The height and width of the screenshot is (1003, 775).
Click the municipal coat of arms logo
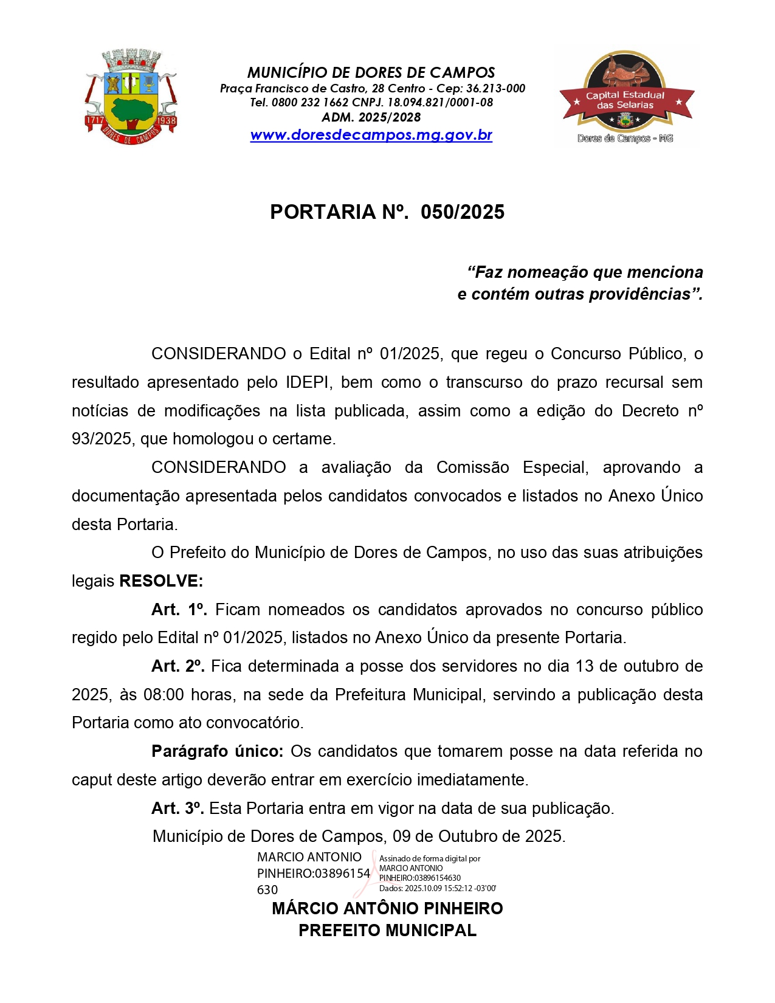[x=131, y=98]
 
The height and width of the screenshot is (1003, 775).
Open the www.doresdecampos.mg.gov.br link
[x=371, y=135]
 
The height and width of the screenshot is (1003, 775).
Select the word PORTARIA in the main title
[x=323, y=212]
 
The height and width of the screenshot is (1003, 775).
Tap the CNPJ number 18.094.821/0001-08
[x=440, y=103]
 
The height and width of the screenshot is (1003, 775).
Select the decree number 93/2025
[x=102, y=439]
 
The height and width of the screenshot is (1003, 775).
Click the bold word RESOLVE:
[x=161, y=581]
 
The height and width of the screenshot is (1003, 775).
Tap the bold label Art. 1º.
[x=179, y=610]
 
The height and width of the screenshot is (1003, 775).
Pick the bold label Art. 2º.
[x=178, y=666]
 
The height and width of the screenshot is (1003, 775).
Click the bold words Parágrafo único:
[x=218, y=751]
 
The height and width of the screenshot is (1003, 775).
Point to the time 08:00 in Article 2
[x=164, y=695]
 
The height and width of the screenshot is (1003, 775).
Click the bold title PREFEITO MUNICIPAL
[x=387, y=931]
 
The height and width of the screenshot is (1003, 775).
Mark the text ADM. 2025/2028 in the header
[x=371, y=117]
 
